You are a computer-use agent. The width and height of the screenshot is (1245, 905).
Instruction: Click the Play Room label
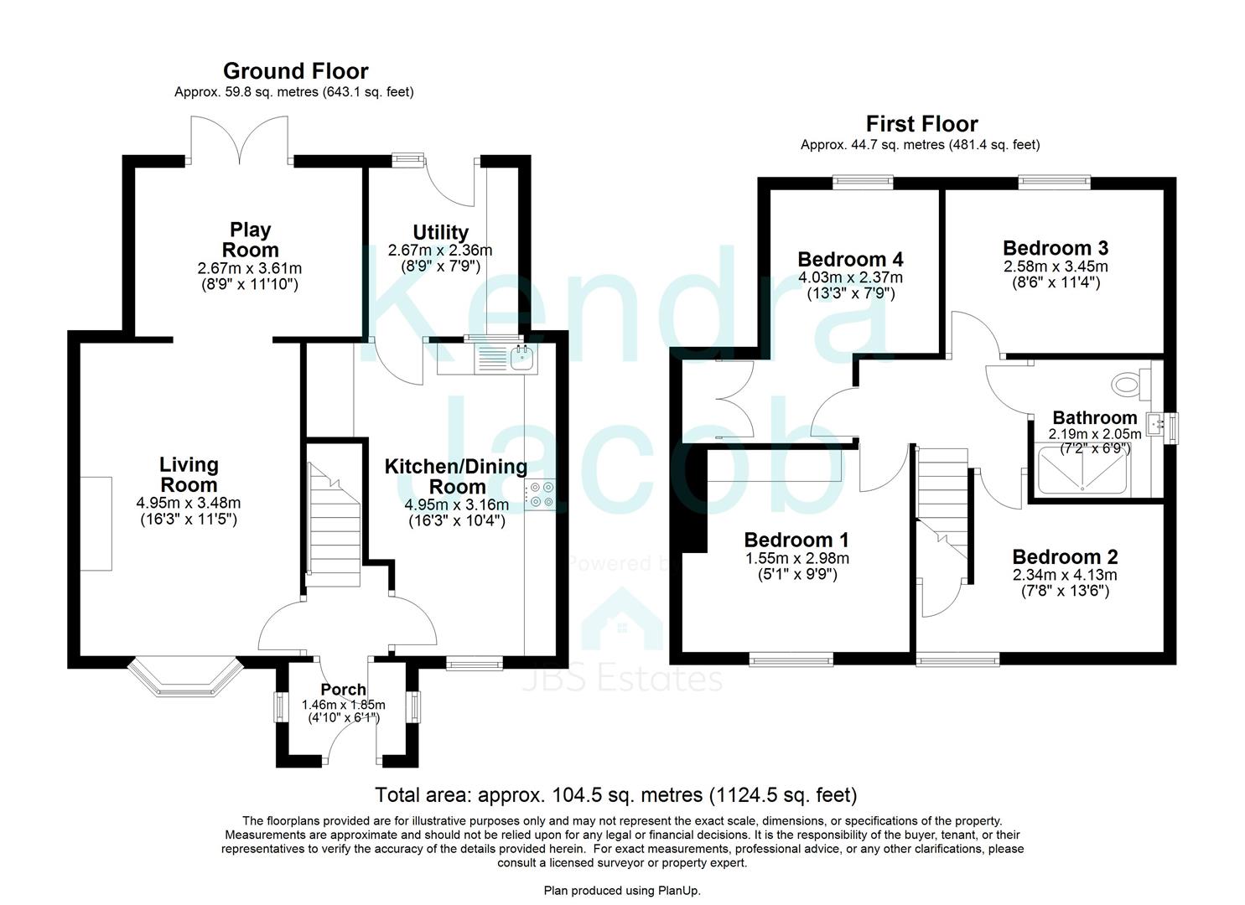(250, 240)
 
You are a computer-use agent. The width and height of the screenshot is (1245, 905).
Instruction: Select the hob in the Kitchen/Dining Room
(537, 494)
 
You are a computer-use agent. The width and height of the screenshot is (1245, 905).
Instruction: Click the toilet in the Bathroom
(1129, 385)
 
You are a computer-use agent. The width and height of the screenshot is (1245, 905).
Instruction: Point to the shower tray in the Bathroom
(1083, 472)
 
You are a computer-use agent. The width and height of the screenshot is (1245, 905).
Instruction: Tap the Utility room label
(440, 232)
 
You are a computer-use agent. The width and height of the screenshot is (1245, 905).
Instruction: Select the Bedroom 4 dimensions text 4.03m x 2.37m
(850, 277)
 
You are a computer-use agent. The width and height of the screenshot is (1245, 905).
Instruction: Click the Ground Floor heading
(295, 70)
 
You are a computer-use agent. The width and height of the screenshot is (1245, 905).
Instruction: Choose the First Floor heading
(921, 124)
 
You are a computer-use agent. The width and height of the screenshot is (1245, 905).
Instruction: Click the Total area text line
(615, 794)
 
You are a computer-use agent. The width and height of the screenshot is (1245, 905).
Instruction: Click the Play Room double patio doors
(240, 140)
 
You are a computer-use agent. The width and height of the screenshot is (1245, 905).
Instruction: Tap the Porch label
(344, 690)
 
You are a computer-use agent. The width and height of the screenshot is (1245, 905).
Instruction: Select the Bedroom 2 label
(1065, 557)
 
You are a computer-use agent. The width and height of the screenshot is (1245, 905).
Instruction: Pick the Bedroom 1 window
(791, 659)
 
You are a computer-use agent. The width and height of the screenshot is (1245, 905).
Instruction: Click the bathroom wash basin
(1160, 425)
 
